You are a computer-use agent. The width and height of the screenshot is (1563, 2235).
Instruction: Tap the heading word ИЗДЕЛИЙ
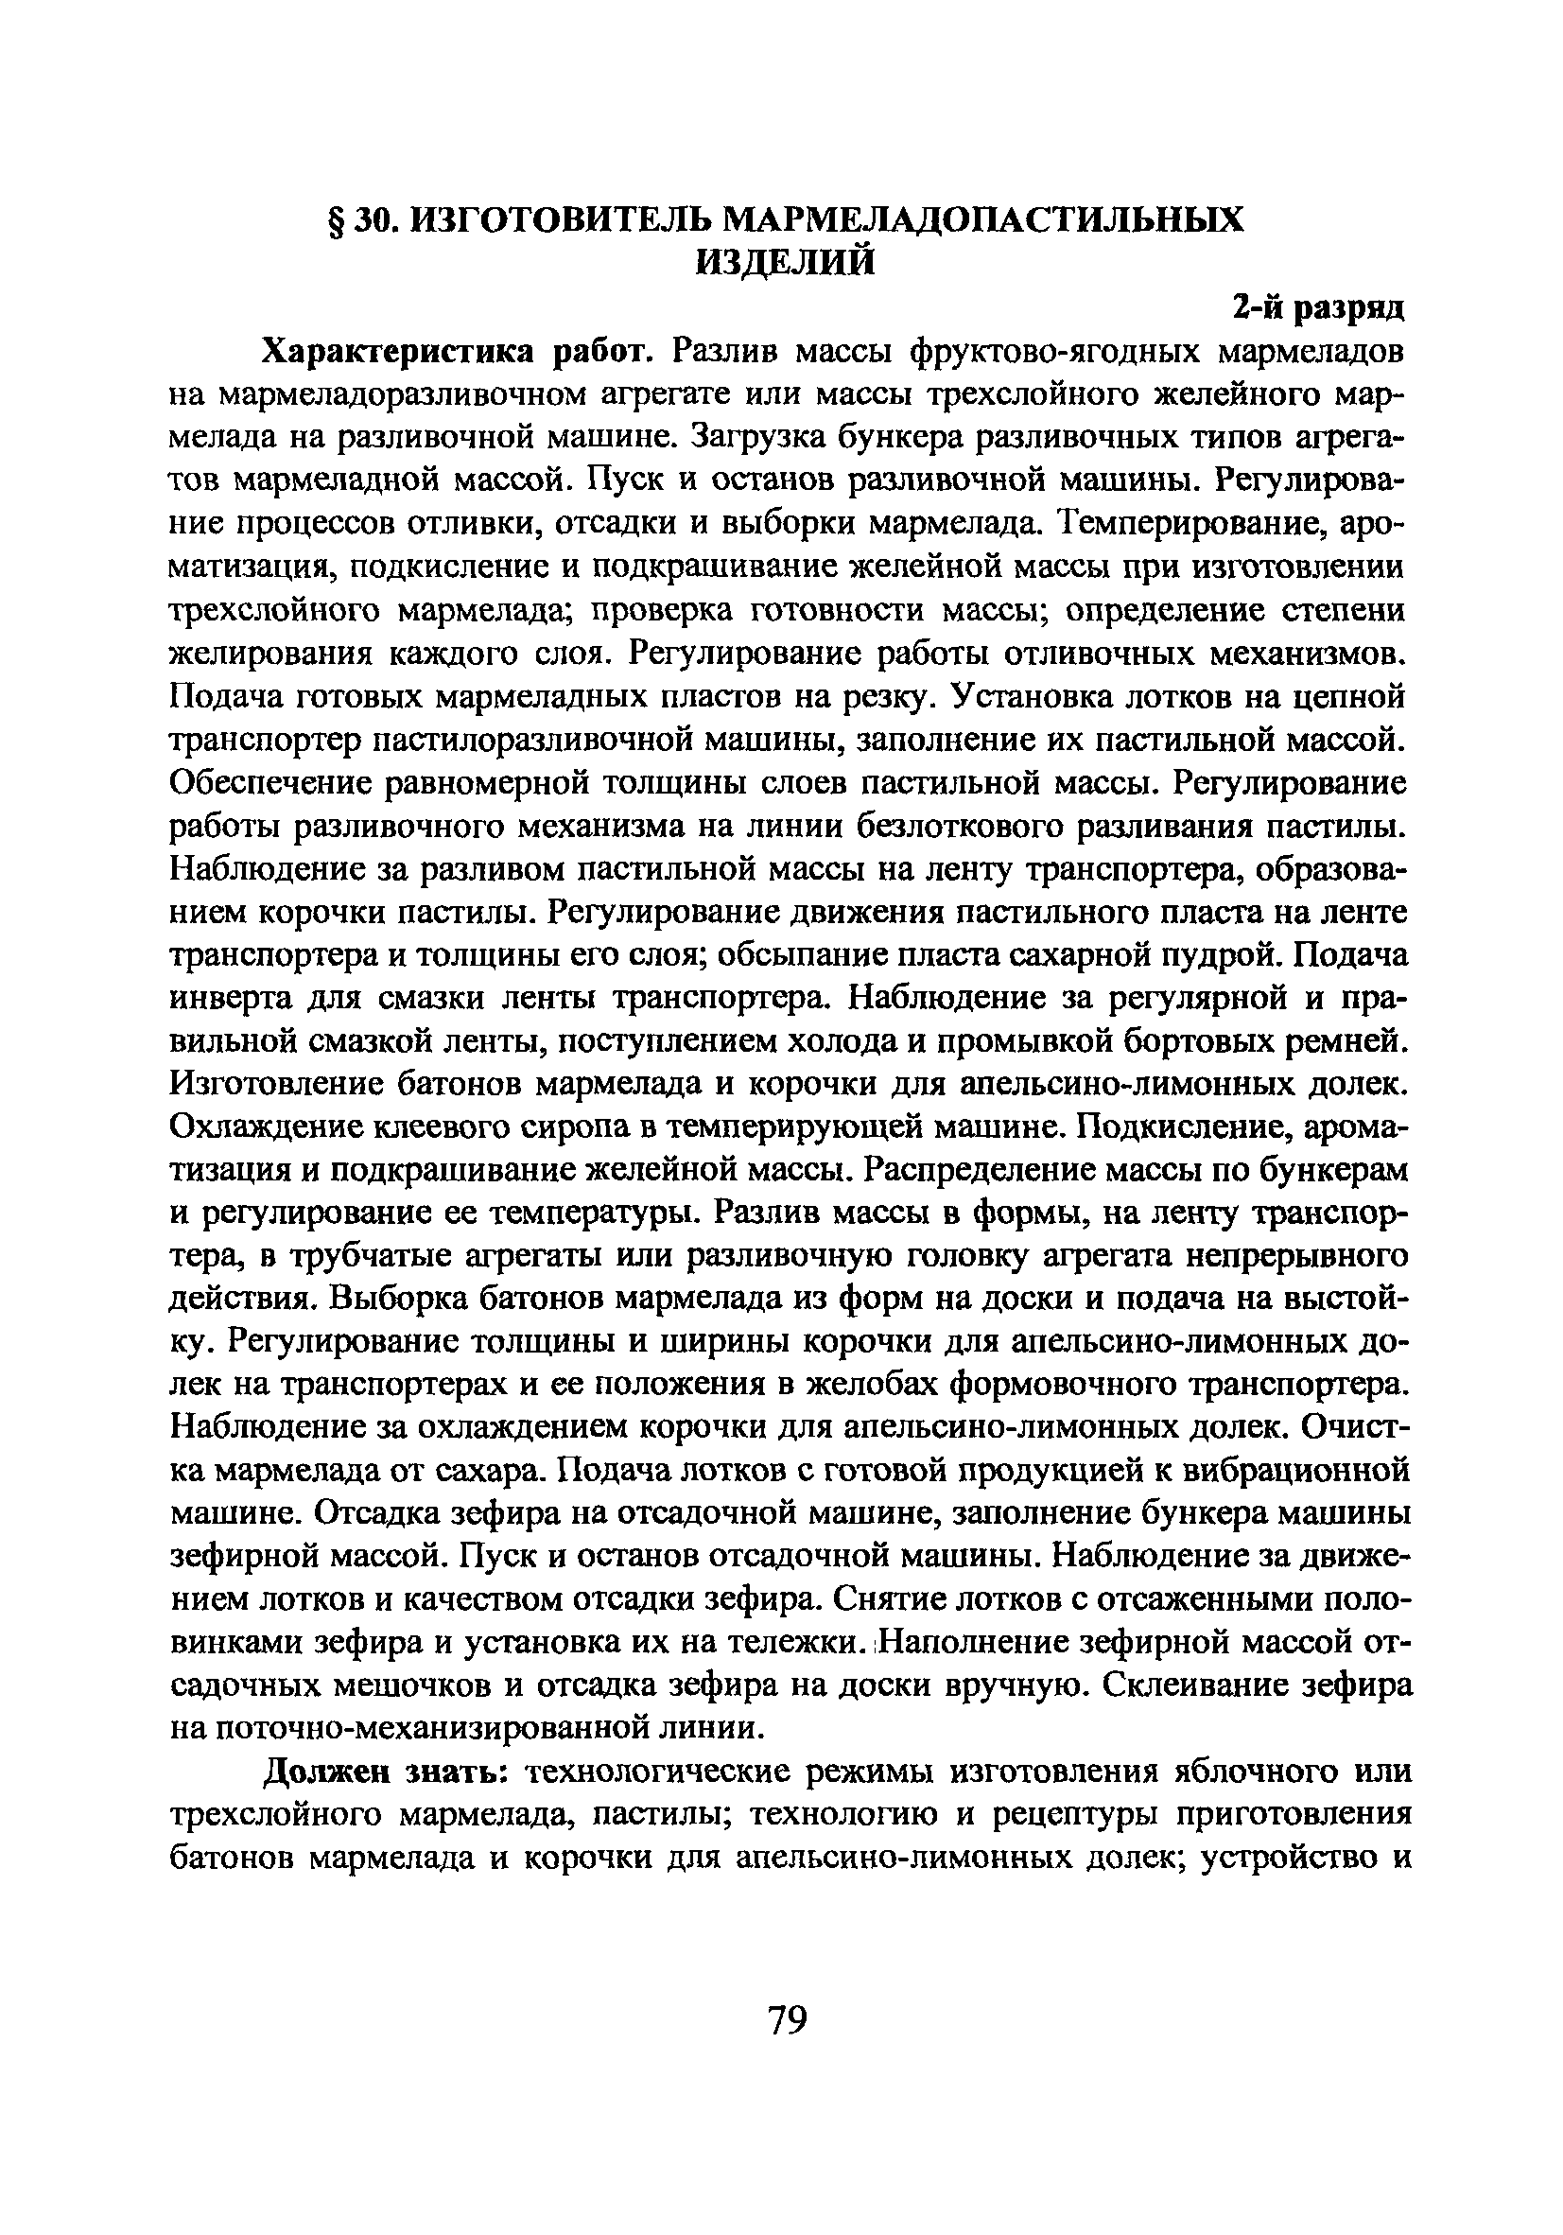tap(785, 262)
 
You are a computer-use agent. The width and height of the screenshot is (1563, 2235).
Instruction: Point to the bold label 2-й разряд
tap(1318, 307)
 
